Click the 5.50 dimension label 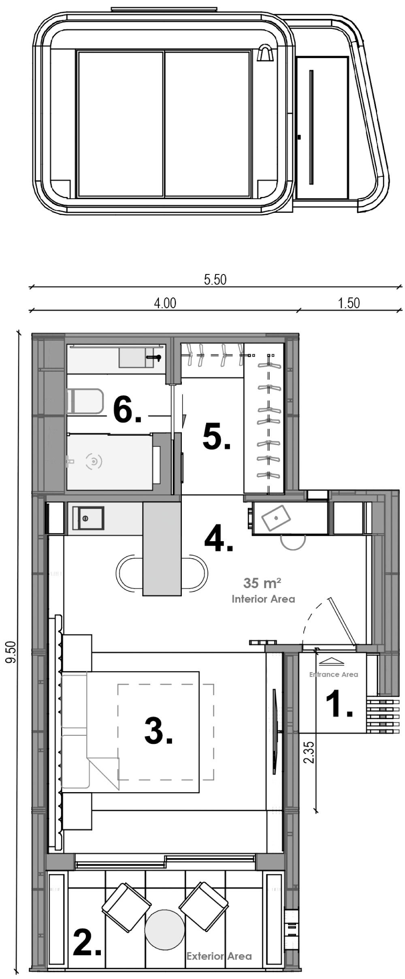pos(215,280)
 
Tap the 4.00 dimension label pos(165,303)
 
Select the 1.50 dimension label pos(349,303)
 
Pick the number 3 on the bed pos(158,731)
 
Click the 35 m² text pos(262,583)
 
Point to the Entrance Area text pos(334,675)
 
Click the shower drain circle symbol pos(94,461)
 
